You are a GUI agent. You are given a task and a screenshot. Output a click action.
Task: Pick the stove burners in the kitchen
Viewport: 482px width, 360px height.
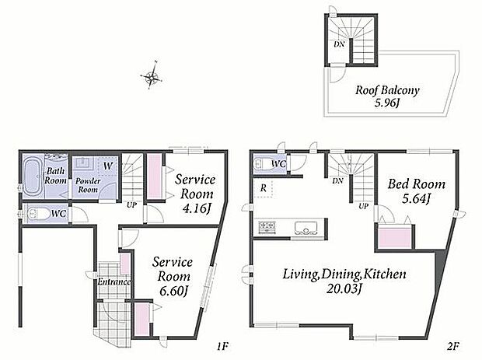[x=267, y=228]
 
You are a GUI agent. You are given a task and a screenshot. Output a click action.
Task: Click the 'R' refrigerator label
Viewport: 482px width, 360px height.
[x=264, y=188]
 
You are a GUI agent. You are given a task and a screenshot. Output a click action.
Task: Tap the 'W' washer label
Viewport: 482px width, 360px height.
[x=107, y=166]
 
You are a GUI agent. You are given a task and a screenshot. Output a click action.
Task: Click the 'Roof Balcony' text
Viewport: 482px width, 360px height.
[x=387, y=90]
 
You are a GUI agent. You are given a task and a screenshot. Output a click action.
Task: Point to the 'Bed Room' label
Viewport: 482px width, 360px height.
[x=416, y=184]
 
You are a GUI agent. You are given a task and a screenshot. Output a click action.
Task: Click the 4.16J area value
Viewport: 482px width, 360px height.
[x=197, y=208]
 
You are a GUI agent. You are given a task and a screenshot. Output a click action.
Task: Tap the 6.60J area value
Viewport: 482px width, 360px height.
[x=173, y=291]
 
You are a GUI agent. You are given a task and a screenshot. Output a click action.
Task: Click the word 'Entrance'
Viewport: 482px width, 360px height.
[x=114, y=281]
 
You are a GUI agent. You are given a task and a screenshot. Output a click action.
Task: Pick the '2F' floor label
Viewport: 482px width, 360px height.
[x=453, y=347]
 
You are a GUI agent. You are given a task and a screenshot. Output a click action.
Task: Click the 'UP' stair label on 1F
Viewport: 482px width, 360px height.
[x=132, y=204]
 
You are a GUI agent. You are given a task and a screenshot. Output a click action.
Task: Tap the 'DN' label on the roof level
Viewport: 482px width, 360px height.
[x=339, y=44]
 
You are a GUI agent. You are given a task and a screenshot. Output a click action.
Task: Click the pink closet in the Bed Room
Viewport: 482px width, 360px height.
[x=395, y=237]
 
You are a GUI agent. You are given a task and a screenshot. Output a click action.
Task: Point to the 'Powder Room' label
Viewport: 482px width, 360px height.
[x=88, y=185]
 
